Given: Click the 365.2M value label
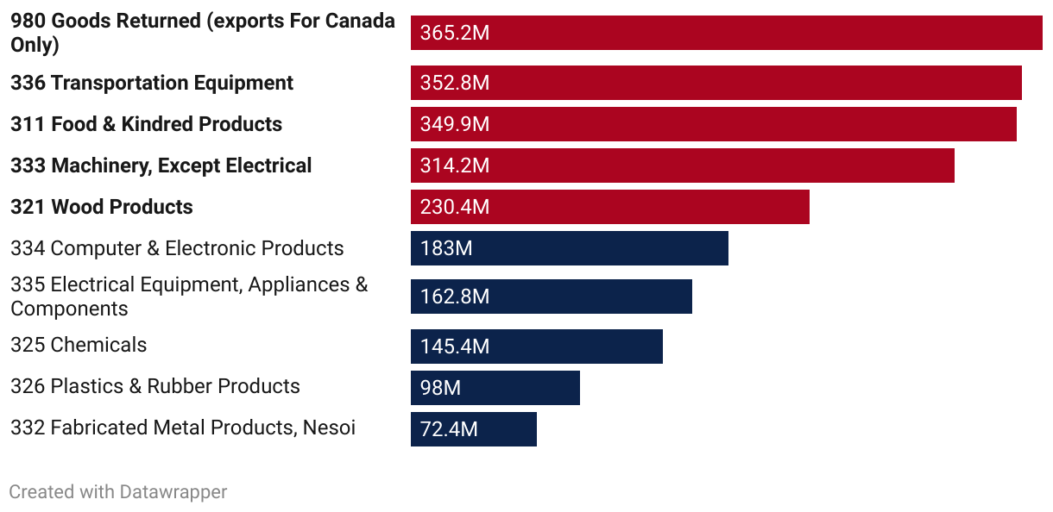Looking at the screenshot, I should point(454,34).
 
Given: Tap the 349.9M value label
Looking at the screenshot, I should point(454,124).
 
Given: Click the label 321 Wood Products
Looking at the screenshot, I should point(102,207).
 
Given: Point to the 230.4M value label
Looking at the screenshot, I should point(454,207).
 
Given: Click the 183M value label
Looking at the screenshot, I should point(445,248).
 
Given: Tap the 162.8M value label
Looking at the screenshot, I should point(454,297).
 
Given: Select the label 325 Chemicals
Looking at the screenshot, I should point(79,345).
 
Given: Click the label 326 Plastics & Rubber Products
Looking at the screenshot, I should point(155,386).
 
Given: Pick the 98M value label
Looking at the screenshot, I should point(440,388).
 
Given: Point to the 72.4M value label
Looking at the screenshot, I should point(449,429).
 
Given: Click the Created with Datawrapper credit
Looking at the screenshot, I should point(118,492).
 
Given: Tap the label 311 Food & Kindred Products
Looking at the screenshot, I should point(147,124).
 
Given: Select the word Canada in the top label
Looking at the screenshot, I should point(360,22).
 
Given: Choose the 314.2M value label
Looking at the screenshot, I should point(454,165).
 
